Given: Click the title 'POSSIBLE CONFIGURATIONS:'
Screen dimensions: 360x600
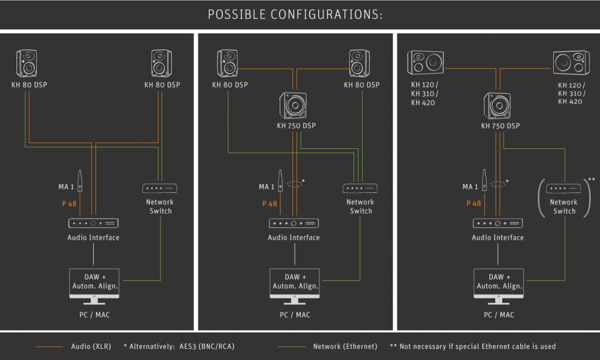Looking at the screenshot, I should pyautogui.click(x=295, y=15).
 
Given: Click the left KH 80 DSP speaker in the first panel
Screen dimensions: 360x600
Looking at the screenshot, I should pyautogui.click(x=28, y=63).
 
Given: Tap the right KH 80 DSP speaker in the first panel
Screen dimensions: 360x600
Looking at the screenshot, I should pyautogui.click(x=161, y=63).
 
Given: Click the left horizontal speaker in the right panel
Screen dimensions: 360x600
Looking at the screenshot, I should pyautogui.click(x=425, y=63).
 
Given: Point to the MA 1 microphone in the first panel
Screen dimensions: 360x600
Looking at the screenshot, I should pyautogui.click(x=80, y=181).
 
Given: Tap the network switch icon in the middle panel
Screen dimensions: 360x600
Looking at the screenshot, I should pyautogui.click(x=360, y=188).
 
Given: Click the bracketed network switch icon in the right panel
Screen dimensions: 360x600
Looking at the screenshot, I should pyautogui.click(x=564, y=188).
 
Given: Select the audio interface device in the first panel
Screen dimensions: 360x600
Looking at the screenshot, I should pyautogui.click(x=94, y=223).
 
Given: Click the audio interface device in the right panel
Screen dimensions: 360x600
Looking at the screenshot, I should pyautogui.click(x=497, y=223).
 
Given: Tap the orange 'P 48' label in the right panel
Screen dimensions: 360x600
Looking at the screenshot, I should pyautogui.click(x=473, y=203).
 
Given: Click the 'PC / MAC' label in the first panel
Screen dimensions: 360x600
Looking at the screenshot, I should pyautogui.click(x=94, y=315).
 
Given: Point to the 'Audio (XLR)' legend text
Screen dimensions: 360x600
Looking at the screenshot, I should pyautogui.click(x=91, y=347).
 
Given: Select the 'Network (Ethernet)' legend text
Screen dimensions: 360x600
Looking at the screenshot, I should pyautogui.click(x=345, y=347).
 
